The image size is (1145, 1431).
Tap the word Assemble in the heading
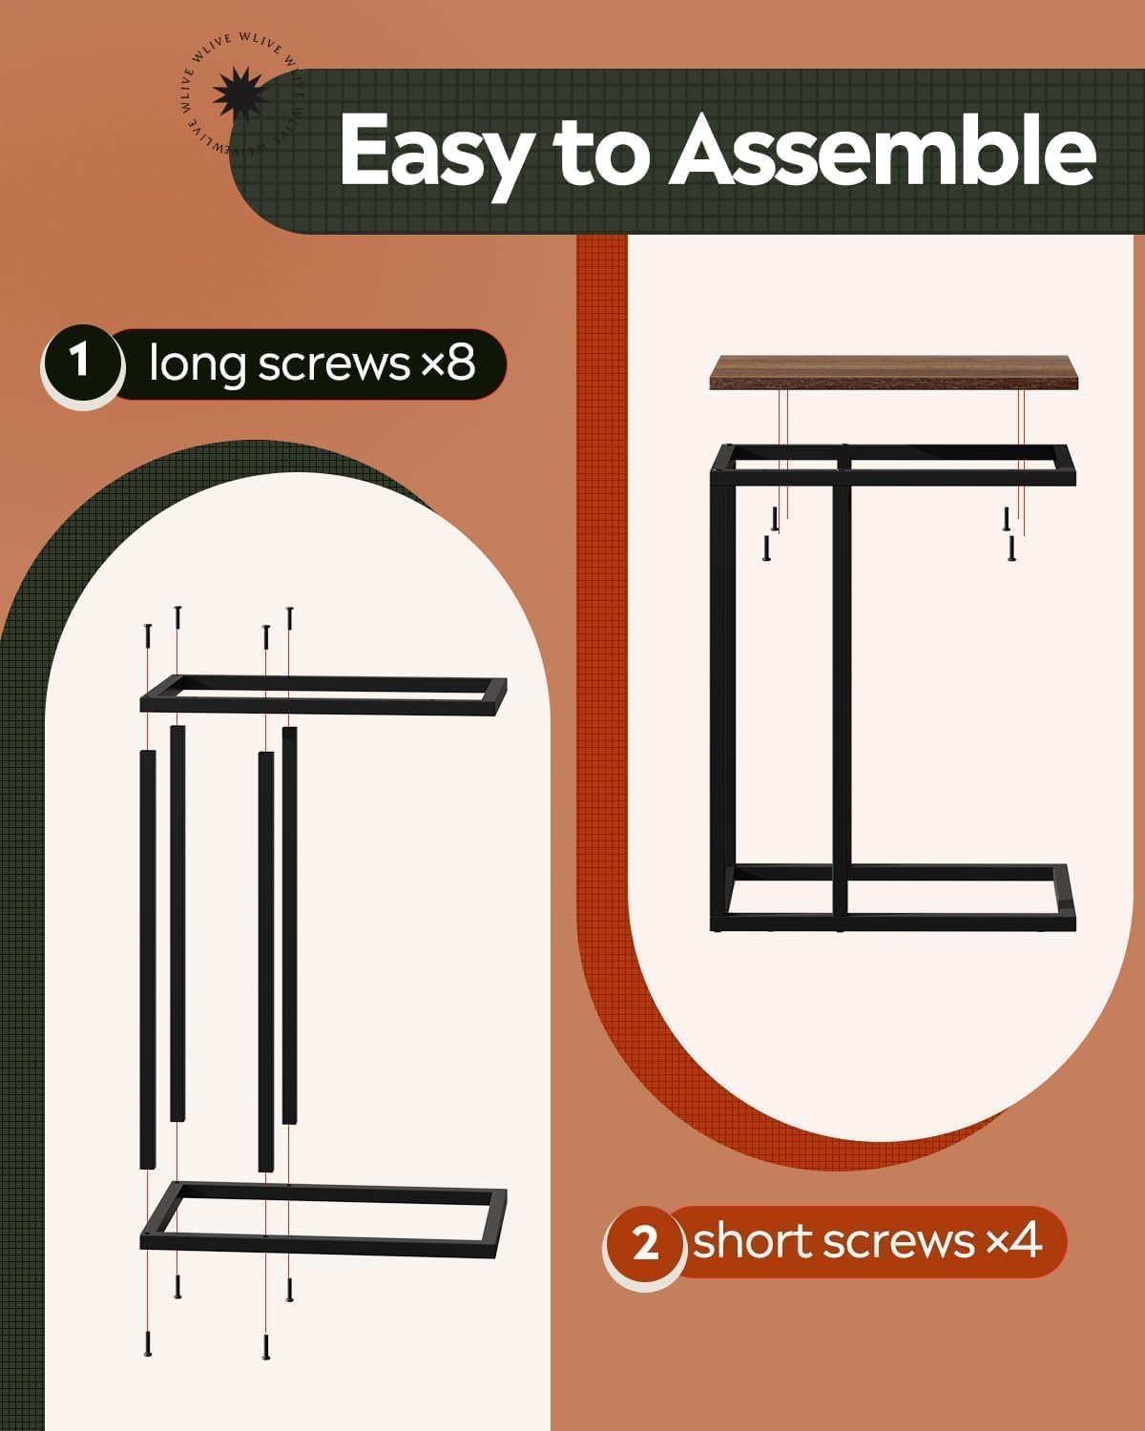pos(883,150)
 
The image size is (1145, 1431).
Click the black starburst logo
pos(239,93)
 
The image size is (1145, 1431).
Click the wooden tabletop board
pos(893,372)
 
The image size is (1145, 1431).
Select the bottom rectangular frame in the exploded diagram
pos(323,1219)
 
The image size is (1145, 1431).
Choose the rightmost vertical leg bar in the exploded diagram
pos(289,925)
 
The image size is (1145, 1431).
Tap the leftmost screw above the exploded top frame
pos(148,635)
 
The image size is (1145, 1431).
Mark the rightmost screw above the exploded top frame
pos(289,618)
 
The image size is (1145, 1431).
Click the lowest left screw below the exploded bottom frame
pos(148,1344)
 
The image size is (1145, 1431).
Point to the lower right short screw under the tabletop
pos(1012,549)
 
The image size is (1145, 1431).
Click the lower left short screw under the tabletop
pos(766,549)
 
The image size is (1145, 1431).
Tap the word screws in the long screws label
pos(334,364)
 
